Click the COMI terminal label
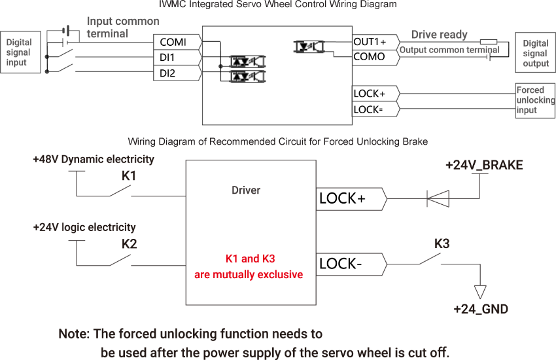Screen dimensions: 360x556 [173, 42]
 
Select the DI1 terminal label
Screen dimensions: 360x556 [167, 58]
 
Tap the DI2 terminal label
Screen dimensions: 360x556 [167, 73]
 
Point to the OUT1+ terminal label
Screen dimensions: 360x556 [370, 42]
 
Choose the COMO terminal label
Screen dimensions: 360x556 [369, 57]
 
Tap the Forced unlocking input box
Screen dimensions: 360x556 [535, 100]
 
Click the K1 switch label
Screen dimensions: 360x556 [130, 176]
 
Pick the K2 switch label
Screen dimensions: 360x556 [130, 244]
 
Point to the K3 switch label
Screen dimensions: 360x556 [442, 244]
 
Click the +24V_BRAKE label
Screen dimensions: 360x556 [484, 165]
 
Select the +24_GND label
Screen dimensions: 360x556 [481, 310]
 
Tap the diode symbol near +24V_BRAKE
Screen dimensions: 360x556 [438, 197]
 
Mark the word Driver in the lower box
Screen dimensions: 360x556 [246, 190]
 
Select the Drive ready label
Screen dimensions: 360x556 [440, 35]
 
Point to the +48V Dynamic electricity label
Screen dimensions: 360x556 [94, 159]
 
